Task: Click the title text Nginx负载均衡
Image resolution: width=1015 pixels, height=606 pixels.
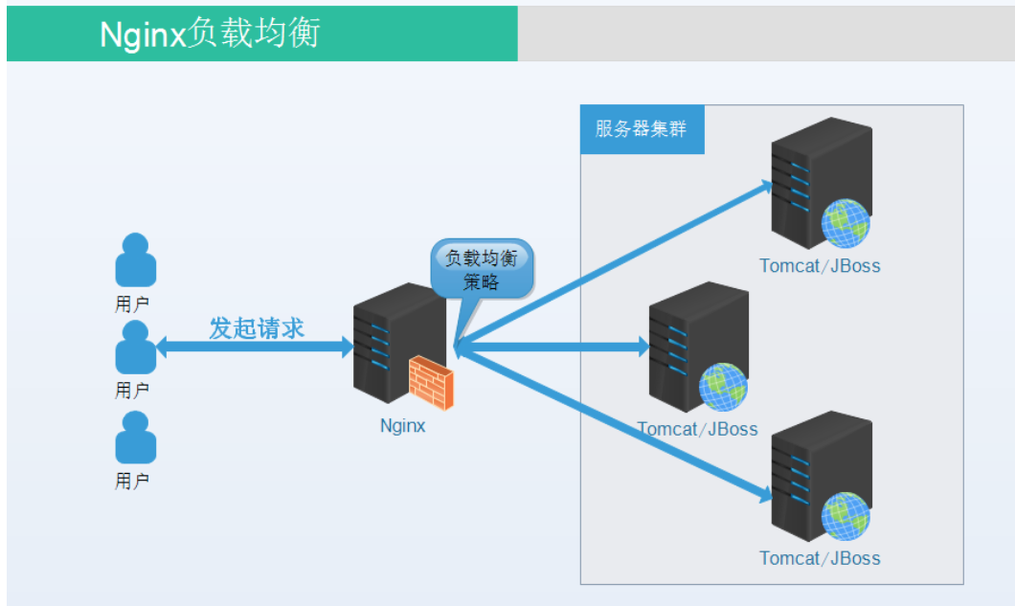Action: tap(210, 34)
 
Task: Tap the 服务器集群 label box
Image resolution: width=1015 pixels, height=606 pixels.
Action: tap(642, 129)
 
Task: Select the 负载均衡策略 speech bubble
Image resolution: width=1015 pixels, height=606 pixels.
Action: tap(482, 269)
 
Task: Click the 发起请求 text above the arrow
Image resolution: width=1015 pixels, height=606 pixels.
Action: tap(257, 328)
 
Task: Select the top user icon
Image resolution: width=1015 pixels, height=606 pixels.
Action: tap(135, 260)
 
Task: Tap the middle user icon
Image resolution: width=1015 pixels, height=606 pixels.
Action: tap(135, 348)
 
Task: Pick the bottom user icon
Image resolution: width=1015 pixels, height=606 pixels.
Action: tap(135, 438)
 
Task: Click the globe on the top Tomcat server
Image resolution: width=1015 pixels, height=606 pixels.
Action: tap(845, 224)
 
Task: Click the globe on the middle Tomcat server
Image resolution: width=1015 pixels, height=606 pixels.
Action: tap(723, 388)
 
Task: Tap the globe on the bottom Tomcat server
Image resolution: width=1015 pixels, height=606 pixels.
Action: tap(845, 516)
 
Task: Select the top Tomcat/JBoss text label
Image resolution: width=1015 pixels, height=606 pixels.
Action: tap(820, 266)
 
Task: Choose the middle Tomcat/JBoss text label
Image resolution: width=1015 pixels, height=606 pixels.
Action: tap(697, 430)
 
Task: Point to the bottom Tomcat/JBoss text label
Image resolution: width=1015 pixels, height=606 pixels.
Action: tap(820, 558)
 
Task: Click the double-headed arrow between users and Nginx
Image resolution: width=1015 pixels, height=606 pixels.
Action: tap(254, 348)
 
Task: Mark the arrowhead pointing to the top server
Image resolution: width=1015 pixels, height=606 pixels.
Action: tap(765, 186)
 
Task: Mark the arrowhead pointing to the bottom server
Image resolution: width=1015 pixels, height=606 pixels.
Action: tap(765, 495)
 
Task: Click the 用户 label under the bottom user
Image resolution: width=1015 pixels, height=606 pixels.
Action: tap(132, 482)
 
